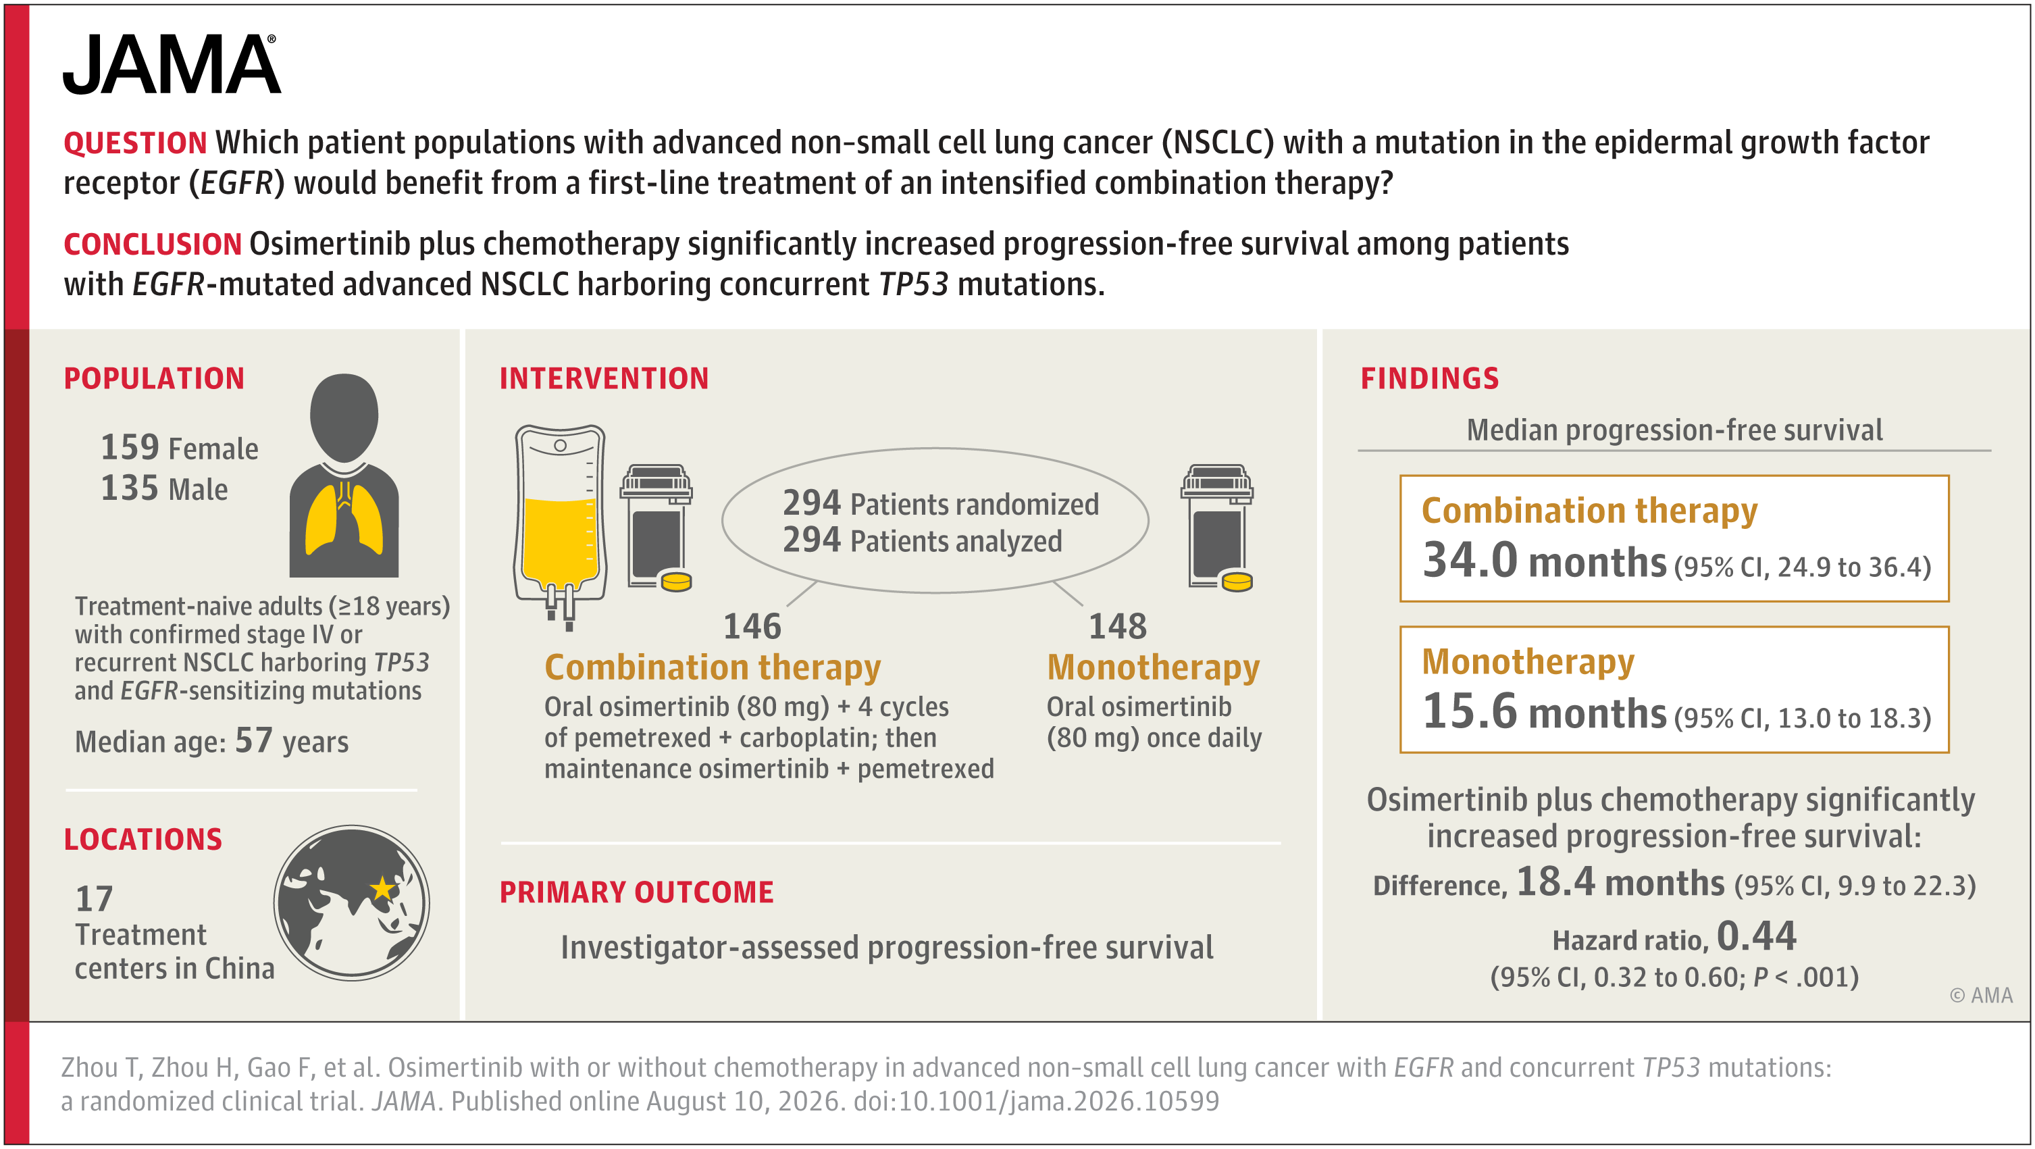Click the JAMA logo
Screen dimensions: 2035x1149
tap(172, 64)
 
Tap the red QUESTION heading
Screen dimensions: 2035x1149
tap(135, 143)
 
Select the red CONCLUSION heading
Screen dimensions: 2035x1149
tap(153, 244)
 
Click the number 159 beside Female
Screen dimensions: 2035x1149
tap(130, 447)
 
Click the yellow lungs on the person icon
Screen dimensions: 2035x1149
tap(344, 517)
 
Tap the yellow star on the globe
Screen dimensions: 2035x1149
tap(383, 888)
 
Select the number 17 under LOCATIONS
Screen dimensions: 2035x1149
tap(94, 898)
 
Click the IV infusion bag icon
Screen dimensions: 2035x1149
tap(560, 526)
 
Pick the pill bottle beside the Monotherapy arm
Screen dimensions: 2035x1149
tap(1217, 528)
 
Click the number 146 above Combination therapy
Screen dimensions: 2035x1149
tap(752, 627)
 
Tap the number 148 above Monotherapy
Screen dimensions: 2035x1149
tap(1118, 627)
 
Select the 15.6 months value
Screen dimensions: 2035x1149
tap(1545, 711)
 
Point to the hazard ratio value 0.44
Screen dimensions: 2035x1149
tap(1757, 936)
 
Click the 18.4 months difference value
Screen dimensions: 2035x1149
tap(1620, 882)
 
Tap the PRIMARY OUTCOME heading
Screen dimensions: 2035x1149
tap(637, 892)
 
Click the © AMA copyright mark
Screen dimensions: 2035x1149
tap(1980, 996)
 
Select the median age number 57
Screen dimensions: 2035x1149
tap(253, 740)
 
